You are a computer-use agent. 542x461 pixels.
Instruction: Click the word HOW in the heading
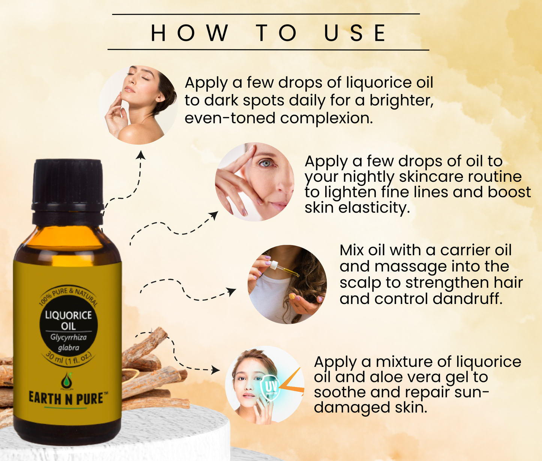[189, 33]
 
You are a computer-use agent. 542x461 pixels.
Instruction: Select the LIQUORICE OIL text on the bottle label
[68, 320]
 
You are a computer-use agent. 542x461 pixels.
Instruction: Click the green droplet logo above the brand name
[67, 380]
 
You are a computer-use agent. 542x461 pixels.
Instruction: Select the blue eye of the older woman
[264, 163]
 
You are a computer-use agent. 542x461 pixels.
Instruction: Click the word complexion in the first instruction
[326, 118]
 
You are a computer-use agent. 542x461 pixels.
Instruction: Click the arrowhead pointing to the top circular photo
[141, 154]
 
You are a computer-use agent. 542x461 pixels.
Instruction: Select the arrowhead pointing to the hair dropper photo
[231, 291]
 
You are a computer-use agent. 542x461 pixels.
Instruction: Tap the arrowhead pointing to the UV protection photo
[216, 370]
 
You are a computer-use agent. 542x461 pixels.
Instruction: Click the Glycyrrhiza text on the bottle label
[68, 337]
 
